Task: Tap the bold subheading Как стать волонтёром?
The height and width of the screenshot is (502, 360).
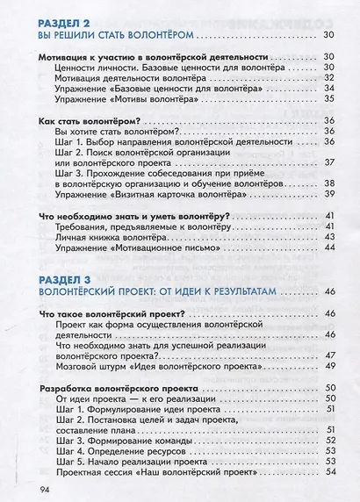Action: point(91,119)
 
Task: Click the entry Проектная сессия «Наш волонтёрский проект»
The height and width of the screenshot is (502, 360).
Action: point(153,471)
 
